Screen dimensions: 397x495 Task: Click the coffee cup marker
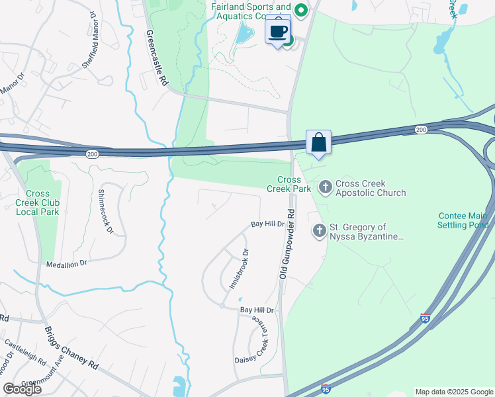278,30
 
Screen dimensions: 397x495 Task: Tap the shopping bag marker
318,142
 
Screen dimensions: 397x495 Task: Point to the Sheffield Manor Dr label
91,48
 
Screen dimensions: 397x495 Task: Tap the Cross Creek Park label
289,185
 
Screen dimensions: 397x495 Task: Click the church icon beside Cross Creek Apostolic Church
325,188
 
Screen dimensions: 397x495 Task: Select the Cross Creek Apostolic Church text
371,188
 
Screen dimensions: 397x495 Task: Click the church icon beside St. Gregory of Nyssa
319,231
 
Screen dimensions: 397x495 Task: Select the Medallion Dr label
66,263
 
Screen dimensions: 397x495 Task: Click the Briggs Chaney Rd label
71,349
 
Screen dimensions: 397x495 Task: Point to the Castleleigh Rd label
25,353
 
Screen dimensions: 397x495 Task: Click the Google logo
22,389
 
